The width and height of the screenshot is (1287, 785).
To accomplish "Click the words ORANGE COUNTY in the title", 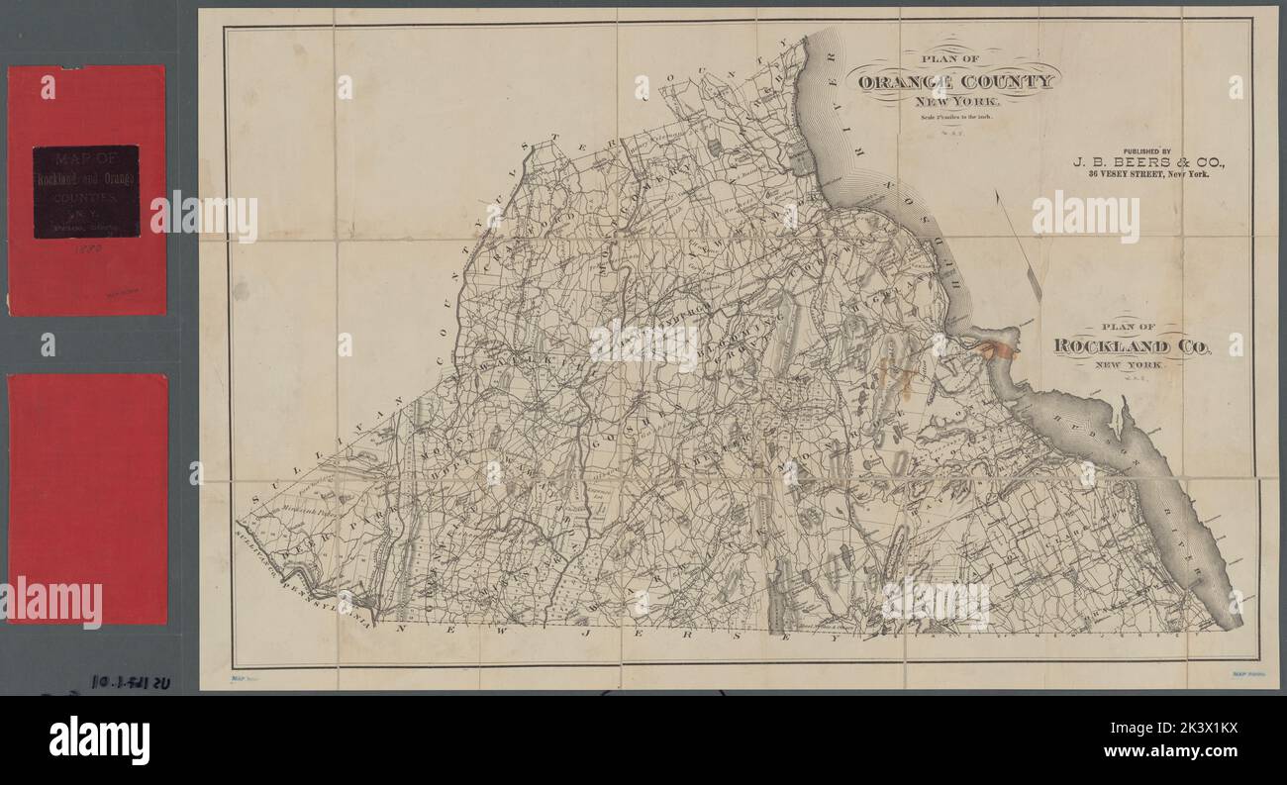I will [x=956, y=82].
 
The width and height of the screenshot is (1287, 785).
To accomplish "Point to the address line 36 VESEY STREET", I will [x=1148, y=174].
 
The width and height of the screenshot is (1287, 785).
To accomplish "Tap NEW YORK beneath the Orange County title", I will [x=956, y=102].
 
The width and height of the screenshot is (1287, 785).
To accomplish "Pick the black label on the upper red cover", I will [x=85, y=191].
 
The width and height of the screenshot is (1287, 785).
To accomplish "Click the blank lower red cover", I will [x=87, y=495].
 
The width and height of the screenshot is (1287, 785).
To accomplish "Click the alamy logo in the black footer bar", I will [x=99, y=740].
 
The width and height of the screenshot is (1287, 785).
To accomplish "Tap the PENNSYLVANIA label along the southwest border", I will [x=327, y=593].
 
